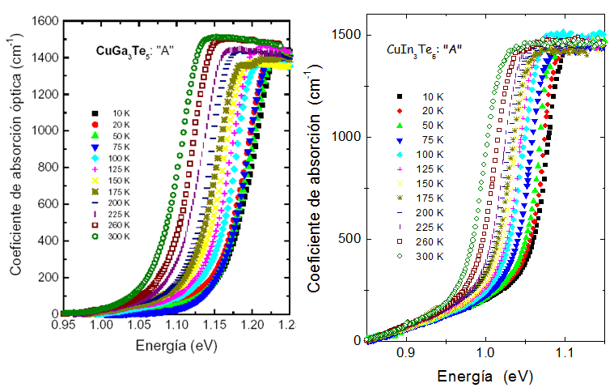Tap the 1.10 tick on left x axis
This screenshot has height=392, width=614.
176,325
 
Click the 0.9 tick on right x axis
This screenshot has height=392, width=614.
406,353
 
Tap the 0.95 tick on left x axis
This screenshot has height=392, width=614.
63,325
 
